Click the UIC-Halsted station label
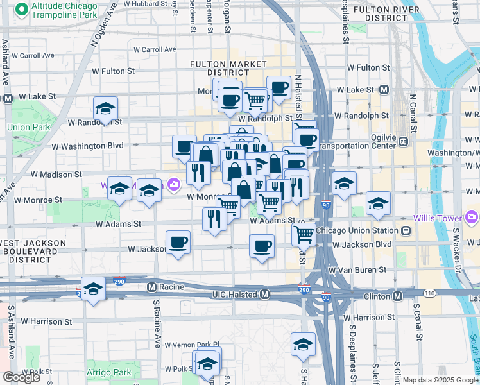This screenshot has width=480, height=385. coord(235,294)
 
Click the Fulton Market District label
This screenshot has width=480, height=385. coord(228,69)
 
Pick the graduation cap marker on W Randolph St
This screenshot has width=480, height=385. coord(105,108)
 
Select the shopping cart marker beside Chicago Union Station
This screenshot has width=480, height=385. coord(304,234)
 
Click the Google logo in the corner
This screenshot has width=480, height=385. coord(21,377)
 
